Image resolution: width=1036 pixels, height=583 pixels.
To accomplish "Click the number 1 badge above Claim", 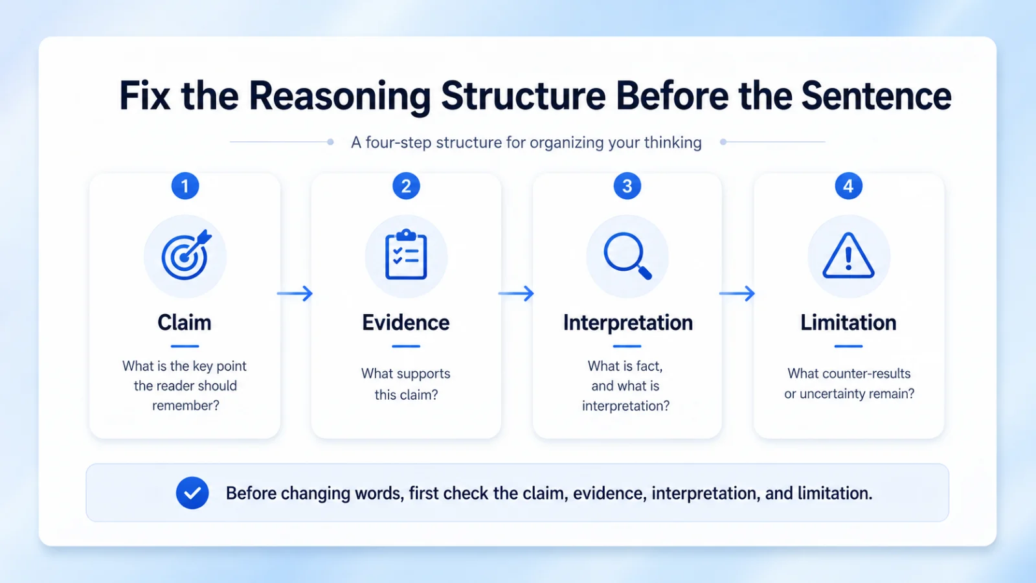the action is click(x=185, y=186).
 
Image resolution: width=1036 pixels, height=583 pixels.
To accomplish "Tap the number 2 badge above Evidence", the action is click(x=406, y=186).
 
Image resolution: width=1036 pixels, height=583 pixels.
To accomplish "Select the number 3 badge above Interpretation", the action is click(x=627, y=186).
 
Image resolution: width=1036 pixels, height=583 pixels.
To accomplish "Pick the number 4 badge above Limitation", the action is click(x=848, y=186).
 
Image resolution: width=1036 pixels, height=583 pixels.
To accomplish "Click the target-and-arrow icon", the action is click(x=186, y=255).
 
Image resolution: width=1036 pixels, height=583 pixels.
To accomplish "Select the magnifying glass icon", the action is click(x=627, y=256).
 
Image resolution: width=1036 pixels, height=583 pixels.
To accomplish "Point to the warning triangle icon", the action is click(x=848, y=255).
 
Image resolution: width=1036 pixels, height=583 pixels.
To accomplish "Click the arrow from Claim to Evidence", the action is click(x=295, y=293).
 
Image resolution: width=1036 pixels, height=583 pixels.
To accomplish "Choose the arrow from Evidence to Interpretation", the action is click(x=516, y=293).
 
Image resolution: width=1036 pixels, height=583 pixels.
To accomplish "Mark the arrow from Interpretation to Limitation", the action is click(x=738, y=293).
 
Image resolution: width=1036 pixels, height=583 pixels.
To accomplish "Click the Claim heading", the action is click(x=185, y=323).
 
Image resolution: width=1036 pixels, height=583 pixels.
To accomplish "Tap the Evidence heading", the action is click(x=405, y=323).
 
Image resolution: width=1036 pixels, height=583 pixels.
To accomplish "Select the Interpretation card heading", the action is click(x=627, y=323).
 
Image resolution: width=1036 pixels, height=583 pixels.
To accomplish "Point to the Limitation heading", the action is click(x=848, y=323).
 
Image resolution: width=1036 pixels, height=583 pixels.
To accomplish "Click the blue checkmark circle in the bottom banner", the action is click(x=192, y=493).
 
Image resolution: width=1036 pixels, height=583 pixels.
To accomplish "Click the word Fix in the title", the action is click(x=144, y=96).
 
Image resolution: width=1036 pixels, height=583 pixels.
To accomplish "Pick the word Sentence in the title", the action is click(x=877, y=96).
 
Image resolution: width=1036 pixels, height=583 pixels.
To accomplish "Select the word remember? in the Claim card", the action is click(x=185, y=406).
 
